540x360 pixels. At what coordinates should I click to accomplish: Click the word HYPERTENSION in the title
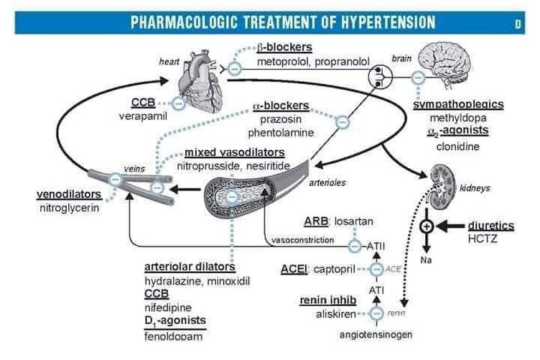click(x=373, y=22)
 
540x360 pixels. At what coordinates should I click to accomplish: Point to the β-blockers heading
click(x=284, y=48)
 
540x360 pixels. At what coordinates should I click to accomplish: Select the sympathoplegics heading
click(x=458, y=105)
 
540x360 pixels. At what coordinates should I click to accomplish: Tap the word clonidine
click(x=457, y=147)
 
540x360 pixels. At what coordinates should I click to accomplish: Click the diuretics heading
click(x=491, y=225)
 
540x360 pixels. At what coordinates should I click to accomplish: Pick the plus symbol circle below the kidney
click(x=427, y=226)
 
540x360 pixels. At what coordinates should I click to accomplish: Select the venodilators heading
click(x=69, y=194)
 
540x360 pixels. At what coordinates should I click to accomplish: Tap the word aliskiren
click(x=335, y=314)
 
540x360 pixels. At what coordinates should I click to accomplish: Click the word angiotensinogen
click(x=370, y=335)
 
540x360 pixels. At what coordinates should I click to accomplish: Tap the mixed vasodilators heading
click(x=234, y=153)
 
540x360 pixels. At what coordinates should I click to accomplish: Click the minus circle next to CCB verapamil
click(x=178, y=103)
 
